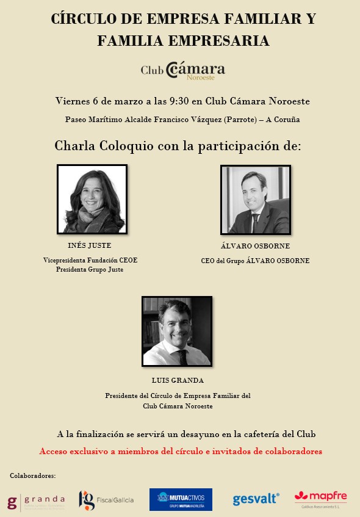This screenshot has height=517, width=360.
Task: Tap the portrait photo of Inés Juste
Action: click(x=92, y=199)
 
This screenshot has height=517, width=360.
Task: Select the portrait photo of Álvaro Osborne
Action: click(x=255, y=200)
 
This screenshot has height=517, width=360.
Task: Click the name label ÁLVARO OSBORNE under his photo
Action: click(x=255, y=247)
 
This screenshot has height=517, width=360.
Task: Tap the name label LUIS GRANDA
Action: click(x=178, y=380)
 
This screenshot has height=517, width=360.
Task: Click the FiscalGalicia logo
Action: click(x=106, y=501)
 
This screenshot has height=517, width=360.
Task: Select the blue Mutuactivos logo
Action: click(x=181, y=500)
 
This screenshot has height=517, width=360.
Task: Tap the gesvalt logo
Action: click(x=256, y=500)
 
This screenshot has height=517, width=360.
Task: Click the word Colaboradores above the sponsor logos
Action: click(x=33, y=475)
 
